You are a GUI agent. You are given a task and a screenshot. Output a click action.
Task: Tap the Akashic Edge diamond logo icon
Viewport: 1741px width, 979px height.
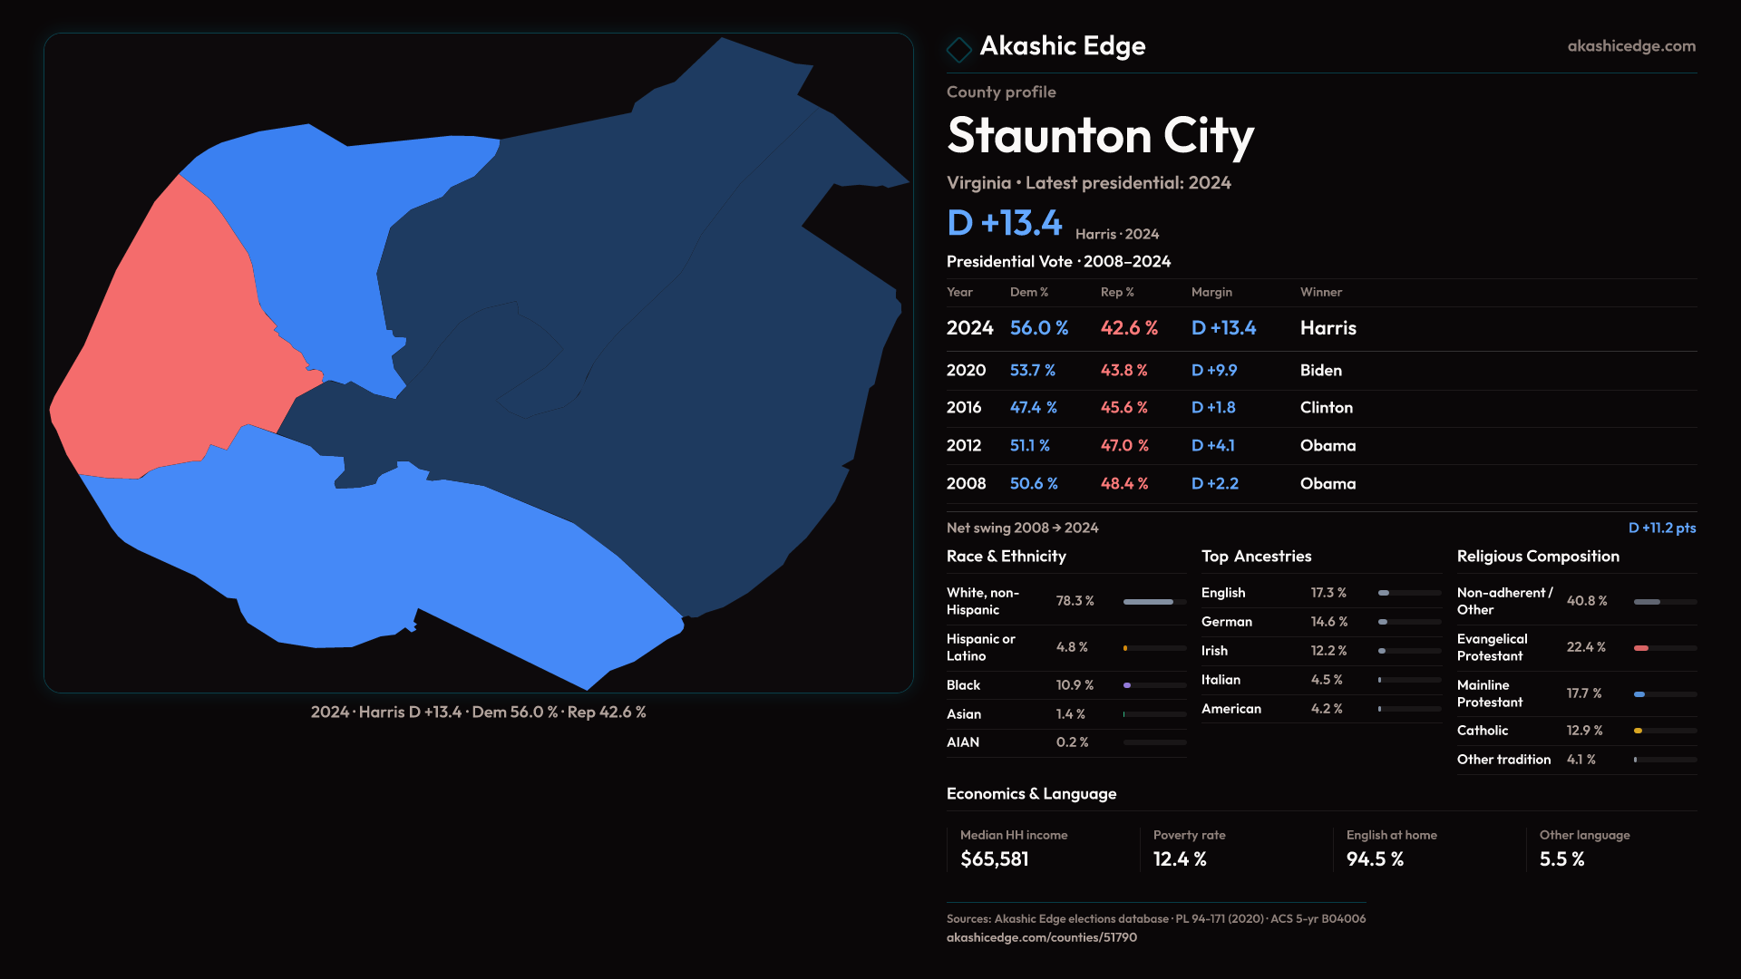[958, 49]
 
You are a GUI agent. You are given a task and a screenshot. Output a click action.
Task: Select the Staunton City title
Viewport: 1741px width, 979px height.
[1100, 136]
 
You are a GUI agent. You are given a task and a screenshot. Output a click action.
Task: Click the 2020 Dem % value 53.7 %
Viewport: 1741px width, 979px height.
[1032, 371]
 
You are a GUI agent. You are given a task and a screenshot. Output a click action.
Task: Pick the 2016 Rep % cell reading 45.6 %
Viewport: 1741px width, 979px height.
[1123, 408]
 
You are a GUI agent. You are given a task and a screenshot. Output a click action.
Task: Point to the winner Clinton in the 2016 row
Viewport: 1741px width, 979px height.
[1326, 408]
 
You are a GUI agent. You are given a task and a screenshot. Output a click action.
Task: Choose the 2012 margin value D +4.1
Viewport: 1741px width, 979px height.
[1212, 446]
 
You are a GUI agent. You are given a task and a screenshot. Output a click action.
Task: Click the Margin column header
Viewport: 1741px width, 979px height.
[1211, 292]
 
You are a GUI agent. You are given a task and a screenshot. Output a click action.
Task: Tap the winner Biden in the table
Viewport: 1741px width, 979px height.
[1320, 371]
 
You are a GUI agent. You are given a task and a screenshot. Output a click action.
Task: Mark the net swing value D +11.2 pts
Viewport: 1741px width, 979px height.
[1661, 528]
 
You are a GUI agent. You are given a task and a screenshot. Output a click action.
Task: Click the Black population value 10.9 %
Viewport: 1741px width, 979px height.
[1075, 685]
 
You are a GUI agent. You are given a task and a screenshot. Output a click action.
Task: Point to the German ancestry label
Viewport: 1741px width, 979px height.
[1226, 622]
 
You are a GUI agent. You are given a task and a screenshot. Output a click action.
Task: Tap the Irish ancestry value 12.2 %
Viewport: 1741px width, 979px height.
[1328, 651]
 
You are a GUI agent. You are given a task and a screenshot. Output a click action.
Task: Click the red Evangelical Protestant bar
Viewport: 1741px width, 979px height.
[1641, 648]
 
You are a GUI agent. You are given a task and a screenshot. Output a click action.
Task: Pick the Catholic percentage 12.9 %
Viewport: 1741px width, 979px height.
[1584, 731]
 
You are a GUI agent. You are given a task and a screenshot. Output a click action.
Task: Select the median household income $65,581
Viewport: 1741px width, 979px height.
[994, 859]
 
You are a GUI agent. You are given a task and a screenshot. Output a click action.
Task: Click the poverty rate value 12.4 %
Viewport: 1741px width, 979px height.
[1179, 859]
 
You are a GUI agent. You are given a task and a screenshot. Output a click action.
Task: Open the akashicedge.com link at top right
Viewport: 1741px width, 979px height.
[1630, 46]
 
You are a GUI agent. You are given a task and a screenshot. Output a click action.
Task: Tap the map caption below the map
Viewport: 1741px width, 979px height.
[478, 712]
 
